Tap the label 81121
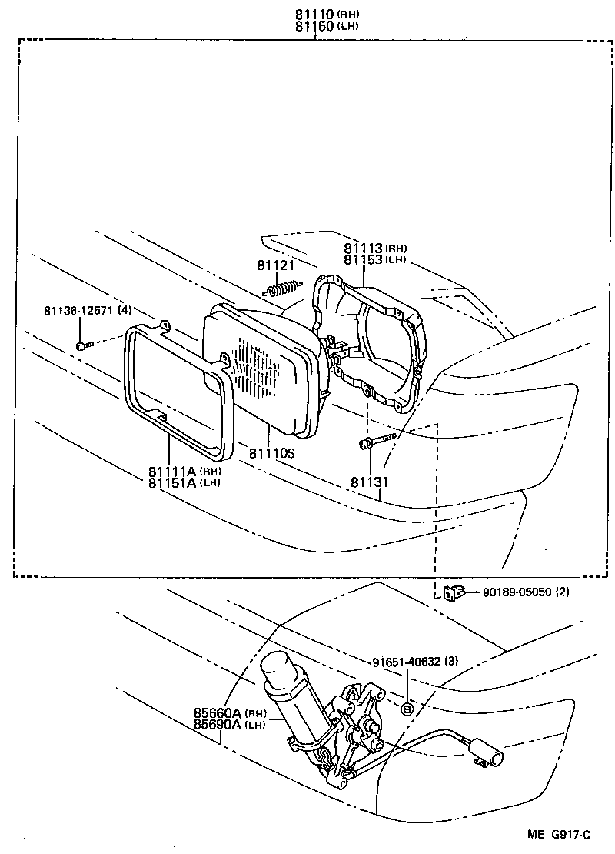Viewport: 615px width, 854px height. click(276, 265)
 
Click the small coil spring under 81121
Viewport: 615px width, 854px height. click(281, 289)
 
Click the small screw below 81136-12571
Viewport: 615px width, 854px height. click(84, 345)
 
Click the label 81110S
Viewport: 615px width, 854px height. click(271, 454)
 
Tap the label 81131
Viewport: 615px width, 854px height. click(371, 482)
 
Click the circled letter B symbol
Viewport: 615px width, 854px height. click(407, 708)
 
